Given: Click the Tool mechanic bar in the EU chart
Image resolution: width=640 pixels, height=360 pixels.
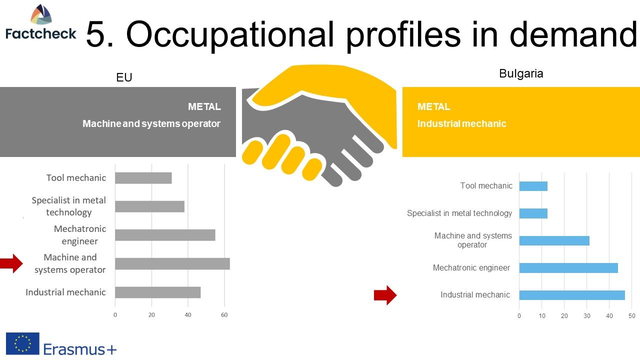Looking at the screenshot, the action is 143,178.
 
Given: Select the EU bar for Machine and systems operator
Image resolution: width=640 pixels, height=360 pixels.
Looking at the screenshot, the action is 172,263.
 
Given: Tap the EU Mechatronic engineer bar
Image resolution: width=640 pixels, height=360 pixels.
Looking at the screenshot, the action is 165,235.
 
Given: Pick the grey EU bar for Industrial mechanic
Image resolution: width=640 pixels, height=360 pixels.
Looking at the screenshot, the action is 157,292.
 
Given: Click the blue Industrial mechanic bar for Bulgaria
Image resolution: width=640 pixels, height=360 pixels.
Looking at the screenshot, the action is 572,295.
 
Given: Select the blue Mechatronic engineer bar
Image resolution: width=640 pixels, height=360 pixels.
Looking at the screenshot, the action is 568,268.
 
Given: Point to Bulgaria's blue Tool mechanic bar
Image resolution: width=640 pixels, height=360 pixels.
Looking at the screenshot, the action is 533,186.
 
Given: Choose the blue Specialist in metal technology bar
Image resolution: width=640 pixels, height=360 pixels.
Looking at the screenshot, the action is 533,213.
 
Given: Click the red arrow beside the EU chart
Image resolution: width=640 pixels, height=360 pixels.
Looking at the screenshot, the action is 11,263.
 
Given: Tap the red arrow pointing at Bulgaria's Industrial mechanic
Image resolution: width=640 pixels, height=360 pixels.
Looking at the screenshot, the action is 385,295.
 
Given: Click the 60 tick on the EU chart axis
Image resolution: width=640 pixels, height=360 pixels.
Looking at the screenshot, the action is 224,315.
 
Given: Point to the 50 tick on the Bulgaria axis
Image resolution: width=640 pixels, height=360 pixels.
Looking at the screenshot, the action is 631,315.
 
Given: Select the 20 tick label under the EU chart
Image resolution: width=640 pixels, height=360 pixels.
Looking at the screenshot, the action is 151,315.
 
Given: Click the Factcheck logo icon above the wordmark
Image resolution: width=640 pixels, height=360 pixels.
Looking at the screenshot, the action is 41,14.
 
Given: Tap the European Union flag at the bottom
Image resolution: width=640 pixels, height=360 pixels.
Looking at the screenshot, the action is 22,343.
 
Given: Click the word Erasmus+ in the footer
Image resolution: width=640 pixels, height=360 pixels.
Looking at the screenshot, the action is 80,349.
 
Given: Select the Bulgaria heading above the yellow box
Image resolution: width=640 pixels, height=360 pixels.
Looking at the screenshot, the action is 521,73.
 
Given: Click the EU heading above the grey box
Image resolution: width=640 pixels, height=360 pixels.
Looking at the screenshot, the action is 124,77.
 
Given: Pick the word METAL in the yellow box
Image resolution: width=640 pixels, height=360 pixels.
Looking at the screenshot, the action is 433,106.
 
